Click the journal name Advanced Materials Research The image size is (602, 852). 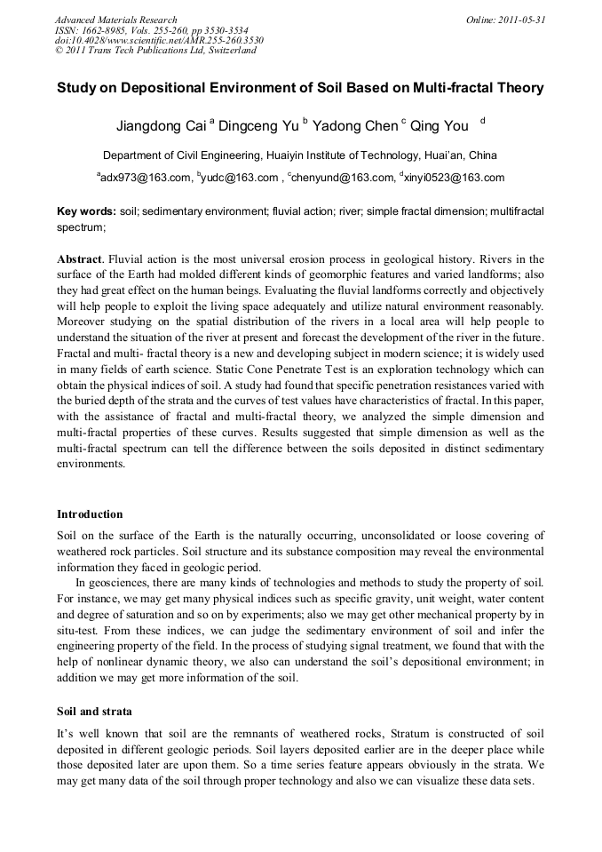tap(115, 20)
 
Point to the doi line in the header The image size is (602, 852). tap(158, 40)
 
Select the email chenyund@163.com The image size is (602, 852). tap(341, 178)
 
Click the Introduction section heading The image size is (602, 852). tap(90, 514)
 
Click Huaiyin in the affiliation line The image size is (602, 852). tap(273, 154)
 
